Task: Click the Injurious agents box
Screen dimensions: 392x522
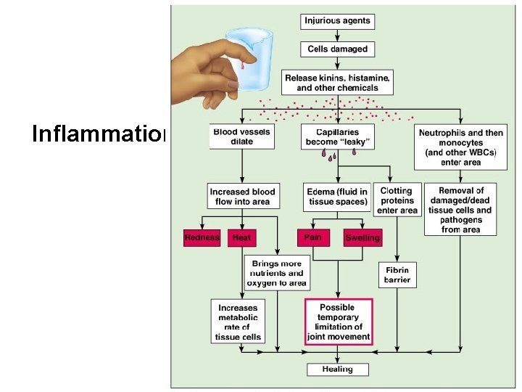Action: [x=337, y=20]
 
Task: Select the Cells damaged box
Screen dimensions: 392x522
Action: [x=337, y=49]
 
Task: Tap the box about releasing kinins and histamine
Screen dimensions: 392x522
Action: [x=337, y=82]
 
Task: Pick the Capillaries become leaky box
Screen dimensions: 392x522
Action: [x=337, y=137]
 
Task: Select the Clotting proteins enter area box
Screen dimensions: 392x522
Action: [x=397, y=200]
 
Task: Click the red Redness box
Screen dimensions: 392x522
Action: [x=202, y=237]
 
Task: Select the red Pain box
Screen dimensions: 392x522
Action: [x=313, y=237]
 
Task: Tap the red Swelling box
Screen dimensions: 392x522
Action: [x=362, y=237]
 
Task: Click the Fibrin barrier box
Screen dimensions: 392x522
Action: [x=397, y=274]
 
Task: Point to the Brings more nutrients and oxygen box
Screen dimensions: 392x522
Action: [x=276, y=273]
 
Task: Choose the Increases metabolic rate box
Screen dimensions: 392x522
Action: [x=238, y=322]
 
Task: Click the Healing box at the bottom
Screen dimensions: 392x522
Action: [x=337, y=369]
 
